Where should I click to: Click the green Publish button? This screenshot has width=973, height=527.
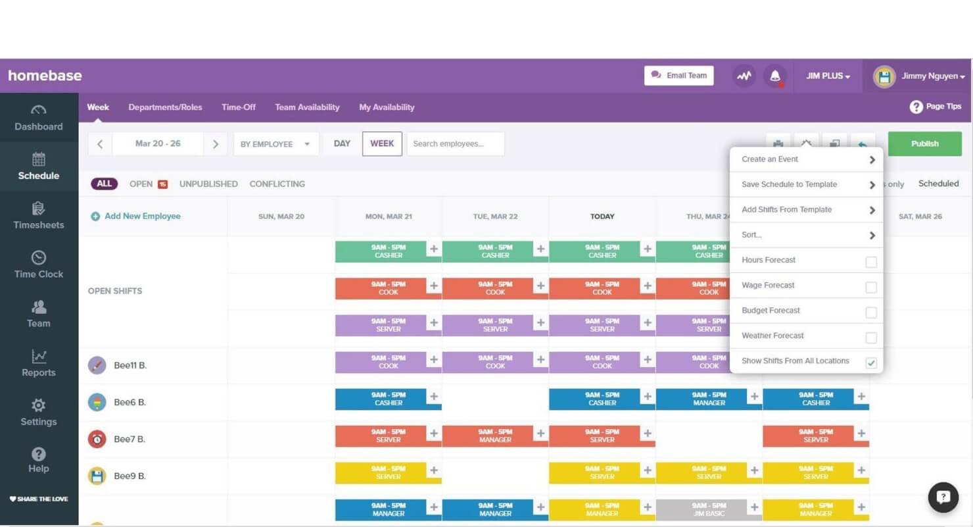tap(924, 143)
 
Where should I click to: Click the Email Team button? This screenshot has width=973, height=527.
tap(678, 76)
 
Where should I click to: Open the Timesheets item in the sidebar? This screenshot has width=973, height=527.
tap(39, 215)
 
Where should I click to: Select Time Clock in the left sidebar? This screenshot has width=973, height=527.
tap(39, 264)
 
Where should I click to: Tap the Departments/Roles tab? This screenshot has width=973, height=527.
tap(165, 107)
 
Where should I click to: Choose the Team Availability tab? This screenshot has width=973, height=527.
tap(307, 107)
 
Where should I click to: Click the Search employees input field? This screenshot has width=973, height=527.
tap(455, 143)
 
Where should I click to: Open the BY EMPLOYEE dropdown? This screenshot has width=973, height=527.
tap(275, 143)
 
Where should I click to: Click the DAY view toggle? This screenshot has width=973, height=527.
tap(342, 143)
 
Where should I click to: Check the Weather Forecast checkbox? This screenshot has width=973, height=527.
tap(870, 338)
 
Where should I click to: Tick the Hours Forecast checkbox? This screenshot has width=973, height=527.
tap(870, 263)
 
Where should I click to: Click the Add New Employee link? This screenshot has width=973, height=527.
tap(142, 216)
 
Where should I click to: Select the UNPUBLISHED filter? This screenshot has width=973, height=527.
tap(208, 184)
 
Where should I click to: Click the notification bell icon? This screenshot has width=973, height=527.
tap(775, 76)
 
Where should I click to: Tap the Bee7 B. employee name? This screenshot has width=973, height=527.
tap(130, 439)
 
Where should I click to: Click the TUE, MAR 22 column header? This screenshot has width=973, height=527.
tap(495, 216)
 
